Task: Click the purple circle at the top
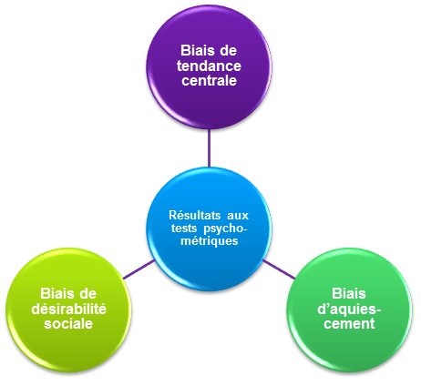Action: tap(209, 67)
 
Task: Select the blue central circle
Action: tap(209, 229)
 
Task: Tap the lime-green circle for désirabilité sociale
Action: tap(68, 310)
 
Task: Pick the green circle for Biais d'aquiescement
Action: tap(349, 310)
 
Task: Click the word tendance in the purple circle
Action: tap(209, 66)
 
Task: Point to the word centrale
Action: tap(209, 81)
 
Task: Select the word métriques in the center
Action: tap(210, 241)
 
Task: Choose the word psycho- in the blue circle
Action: tap(225, 229)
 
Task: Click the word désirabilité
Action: tap(68, 310)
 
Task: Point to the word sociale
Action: tap(68, 324)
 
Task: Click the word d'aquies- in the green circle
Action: tap(349, 310)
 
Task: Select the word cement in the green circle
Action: tap(349, 324)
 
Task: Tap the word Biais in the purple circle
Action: tap(196, 51)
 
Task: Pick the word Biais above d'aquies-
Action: tap(349, 294)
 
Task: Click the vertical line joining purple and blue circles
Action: tap(209, 148)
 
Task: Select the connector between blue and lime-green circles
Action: tap(139, 269)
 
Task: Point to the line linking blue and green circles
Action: tap(279, 269)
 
